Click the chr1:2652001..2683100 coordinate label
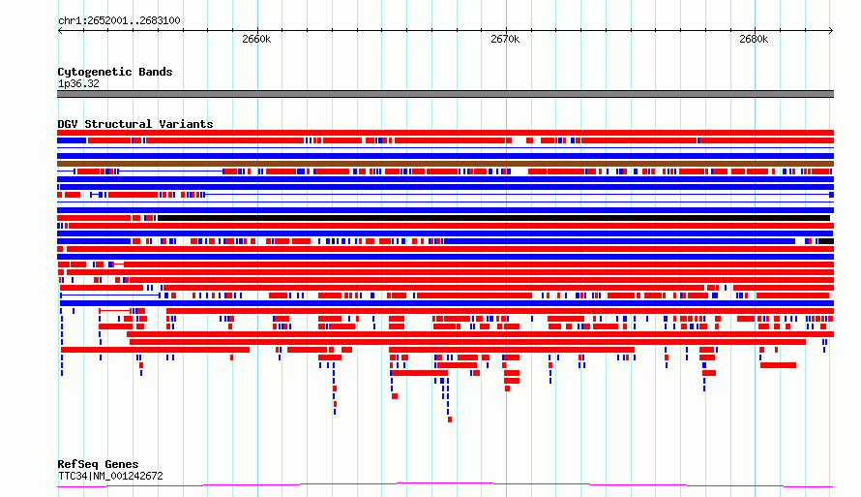pyautogui.click(x=119, y=21)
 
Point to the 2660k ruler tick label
pyautogui.click(x=256, y=39)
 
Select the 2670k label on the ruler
pyautogui.click(x=505, y=39)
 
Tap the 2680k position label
pyautogui.click(x=754, y=39)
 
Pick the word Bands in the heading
pyautogui.click(x=156, y=72)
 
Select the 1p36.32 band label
pyautogui.click(x=78, y=84)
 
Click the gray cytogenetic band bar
pyautogui.click(x=445, y=94)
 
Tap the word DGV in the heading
pyautogui.click(x=68, y=124)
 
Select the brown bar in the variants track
pyautogui.click(x=445, y=164)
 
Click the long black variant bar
pyautogui.click(x=493, y=218)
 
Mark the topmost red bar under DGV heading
pyautogui.click(x=445, y=133)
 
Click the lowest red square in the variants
pyautogui.click(x=450, y=420)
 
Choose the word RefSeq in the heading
pyautogui.click(x=77, y=465)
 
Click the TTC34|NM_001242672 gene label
pyautogui.click(x=110, y=476)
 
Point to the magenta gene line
pyautogui.click(x=445, y=484)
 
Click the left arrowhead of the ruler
pyautogui.click(x=60, y=31)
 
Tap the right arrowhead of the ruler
pyautogui.click(x=831, y=31)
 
